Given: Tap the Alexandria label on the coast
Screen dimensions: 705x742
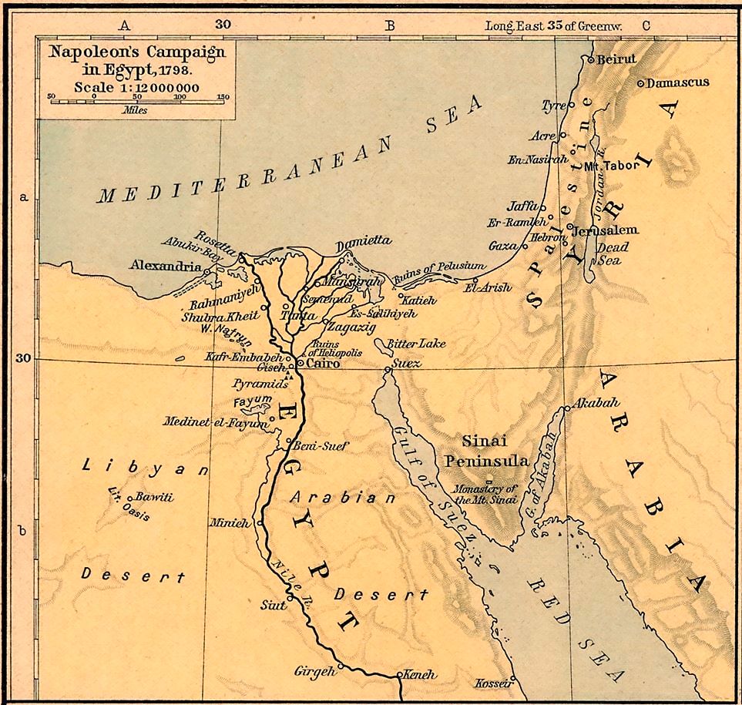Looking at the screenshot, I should coord(166,266).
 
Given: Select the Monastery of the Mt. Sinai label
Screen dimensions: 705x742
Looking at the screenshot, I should coord(483,494).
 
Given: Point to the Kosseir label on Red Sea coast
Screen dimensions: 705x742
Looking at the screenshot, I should coord(494,683).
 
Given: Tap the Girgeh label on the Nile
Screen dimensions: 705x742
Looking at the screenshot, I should coord(315,671).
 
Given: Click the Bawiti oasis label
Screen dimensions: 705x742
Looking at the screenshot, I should coord(155,497).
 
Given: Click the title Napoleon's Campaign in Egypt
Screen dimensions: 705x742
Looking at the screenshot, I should coord(137,60).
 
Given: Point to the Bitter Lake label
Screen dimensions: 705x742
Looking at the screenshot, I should coord(418,344).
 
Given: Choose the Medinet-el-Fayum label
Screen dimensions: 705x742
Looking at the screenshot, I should coord(213,421).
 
